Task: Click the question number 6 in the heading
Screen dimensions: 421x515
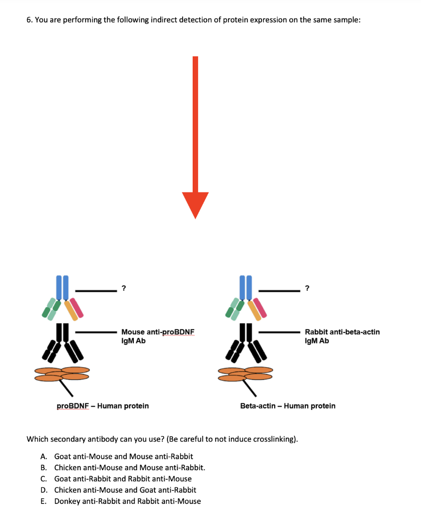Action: [29, 20]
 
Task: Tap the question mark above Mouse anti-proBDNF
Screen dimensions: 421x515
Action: [124, 288]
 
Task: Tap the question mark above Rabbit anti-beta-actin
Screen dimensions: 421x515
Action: [307, 288]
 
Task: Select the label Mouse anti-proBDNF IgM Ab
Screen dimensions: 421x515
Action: [157, 336]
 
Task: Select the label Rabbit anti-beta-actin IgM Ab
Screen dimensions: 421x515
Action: [342, 336]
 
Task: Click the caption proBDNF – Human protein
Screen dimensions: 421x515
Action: [103, 405]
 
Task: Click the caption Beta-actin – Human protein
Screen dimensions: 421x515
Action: [288, 405]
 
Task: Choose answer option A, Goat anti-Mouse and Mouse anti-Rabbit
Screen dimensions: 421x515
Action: [123, 457]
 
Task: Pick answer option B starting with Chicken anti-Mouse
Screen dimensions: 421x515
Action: [129, 468]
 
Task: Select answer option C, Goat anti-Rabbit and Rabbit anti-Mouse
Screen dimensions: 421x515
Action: [123, 479]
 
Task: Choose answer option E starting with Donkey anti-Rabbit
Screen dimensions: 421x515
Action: [127, 501]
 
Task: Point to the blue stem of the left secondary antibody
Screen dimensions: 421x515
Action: [62, 288]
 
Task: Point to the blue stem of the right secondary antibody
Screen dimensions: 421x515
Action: [245, 288]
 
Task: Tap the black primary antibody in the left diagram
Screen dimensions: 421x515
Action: [62, 342]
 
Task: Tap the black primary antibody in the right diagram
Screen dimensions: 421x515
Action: [245, 342]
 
